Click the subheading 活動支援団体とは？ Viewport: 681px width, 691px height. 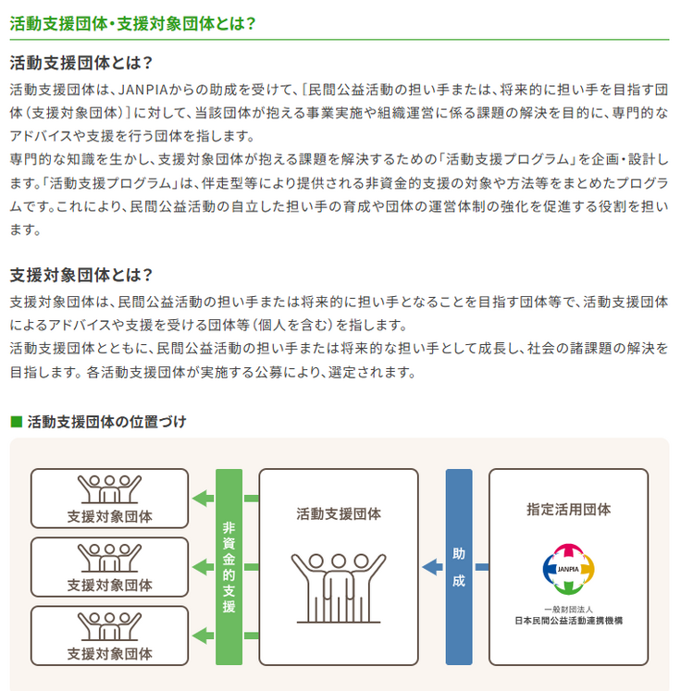[80, 64]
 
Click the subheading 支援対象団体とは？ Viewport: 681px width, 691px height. [80, 276]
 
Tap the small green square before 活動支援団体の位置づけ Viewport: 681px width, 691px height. [15, 422]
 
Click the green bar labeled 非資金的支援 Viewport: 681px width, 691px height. [229, 567]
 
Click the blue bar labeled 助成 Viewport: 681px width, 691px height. [458, 567]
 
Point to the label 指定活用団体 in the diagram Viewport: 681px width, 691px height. [568, 509]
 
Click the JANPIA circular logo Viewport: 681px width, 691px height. [568, 567]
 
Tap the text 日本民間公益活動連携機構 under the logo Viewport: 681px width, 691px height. [568, 621]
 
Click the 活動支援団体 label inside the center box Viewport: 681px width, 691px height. [338, 514]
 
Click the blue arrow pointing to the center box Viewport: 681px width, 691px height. [431, 567]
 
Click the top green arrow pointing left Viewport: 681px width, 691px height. [202, 499]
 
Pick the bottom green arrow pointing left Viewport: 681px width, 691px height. [202, 635]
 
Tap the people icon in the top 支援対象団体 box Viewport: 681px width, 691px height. [109, 487]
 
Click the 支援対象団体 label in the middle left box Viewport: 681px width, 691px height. [109, 585]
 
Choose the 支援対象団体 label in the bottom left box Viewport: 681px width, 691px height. [109, 653]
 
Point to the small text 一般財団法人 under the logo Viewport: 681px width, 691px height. [568, 609]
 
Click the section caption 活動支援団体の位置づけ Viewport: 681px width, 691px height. [106, 422]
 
